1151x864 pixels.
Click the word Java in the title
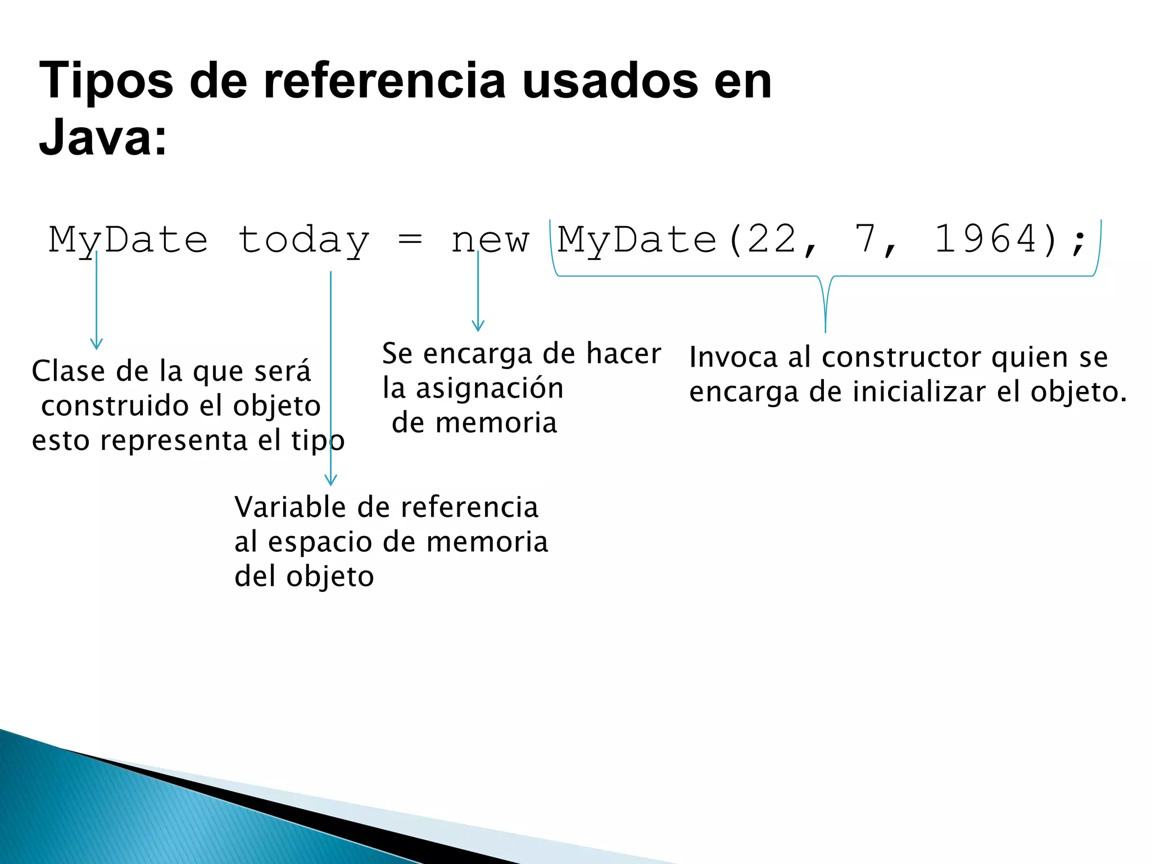tap(93, 138)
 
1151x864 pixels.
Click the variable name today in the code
tap(303, 241)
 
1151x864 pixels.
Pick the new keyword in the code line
tap(490, 241)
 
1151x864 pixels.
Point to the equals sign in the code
tap(410, 240)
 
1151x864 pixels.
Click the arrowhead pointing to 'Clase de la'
tap(97, 344)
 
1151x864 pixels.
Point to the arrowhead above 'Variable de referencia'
tap(331, 480)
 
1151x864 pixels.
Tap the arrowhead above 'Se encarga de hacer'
tap(478, 326)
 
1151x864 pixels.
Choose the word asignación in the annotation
tap(490, 389)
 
